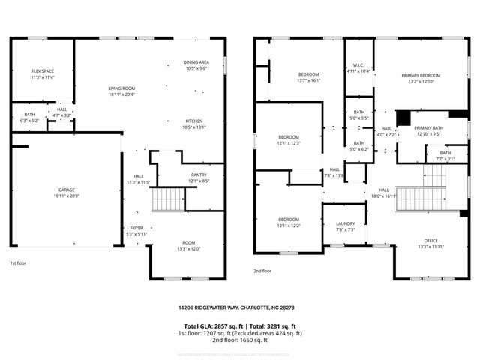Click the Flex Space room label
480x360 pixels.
click(43, 70)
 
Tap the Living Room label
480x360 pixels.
click(121, 88)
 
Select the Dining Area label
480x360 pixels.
click(196, 62)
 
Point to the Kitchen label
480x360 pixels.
click(194, 121)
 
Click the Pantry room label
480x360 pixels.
click(199, 175)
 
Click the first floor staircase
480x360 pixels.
click(168, 199)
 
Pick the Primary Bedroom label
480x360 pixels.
click(420, 75)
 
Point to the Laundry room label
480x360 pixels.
click(345, 223)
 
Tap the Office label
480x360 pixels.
click(430, 240)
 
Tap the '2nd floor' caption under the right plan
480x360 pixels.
click(262, 271)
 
